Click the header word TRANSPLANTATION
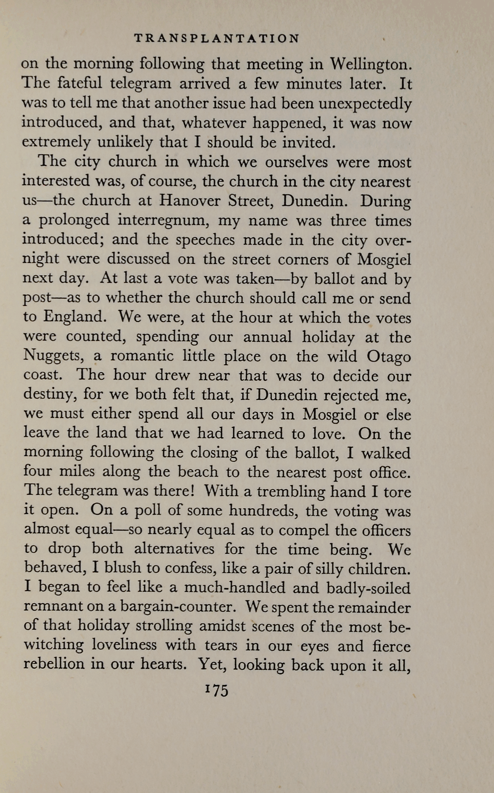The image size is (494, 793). pos(217,39)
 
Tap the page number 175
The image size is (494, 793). pos(217,690)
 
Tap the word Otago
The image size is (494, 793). pos(389,356)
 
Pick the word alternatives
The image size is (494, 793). pos(174,549)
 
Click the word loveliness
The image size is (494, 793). pos(125,645)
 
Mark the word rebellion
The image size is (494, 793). pos(54,665)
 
